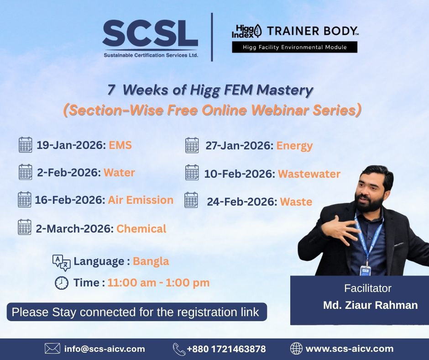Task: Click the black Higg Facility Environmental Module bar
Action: click(294, 47)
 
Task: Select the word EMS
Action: click(120, 145)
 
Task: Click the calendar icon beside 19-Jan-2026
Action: click(26, 145)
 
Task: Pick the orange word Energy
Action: click(294, 146)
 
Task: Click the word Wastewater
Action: click(309, 174)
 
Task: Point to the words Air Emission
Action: click(141, 200)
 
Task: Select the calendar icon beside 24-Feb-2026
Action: click(191, 201)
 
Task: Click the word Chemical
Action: click(141, 228)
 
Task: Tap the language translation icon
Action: click(62, 262)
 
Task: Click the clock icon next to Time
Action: click(62, 283)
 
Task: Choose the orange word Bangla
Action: click(151, 261)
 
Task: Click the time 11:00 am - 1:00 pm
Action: click(158, 283)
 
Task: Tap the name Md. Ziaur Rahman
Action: click(370, 305)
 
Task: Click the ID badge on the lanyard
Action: click(366, 270)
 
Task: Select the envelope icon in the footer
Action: click(52, 349)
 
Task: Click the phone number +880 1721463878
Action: click(226, 349)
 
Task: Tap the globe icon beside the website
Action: click(296, 349)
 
